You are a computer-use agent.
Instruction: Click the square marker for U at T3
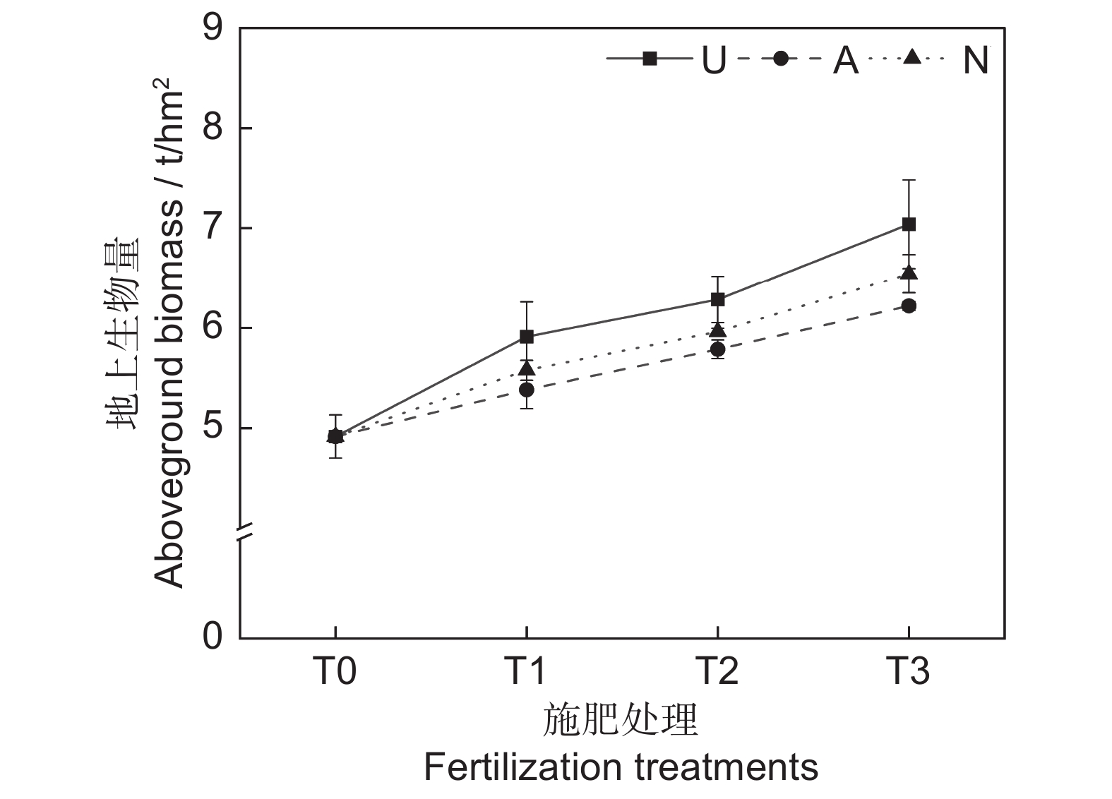point(909,224)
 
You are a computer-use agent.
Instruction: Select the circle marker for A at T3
point(909,306)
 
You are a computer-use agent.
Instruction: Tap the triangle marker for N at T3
point(909,272)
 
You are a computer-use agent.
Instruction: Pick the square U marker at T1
point(527,337)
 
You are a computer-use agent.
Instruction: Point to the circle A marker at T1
point(527,390)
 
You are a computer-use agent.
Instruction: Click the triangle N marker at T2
point(717,330)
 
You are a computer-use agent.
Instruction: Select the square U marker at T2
point(717,299)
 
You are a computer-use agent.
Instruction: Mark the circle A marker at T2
point(717,349)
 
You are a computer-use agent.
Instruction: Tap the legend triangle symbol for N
point(912,57)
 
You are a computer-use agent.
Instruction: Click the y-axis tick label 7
point(213,229)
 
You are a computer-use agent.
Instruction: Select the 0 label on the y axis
point(213,637)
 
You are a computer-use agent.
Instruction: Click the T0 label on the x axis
point(335,671)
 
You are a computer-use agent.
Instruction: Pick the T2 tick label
point(717,671)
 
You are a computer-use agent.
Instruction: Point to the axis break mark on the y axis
point(241,533)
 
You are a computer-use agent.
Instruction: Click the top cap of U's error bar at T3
point(909,181)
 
